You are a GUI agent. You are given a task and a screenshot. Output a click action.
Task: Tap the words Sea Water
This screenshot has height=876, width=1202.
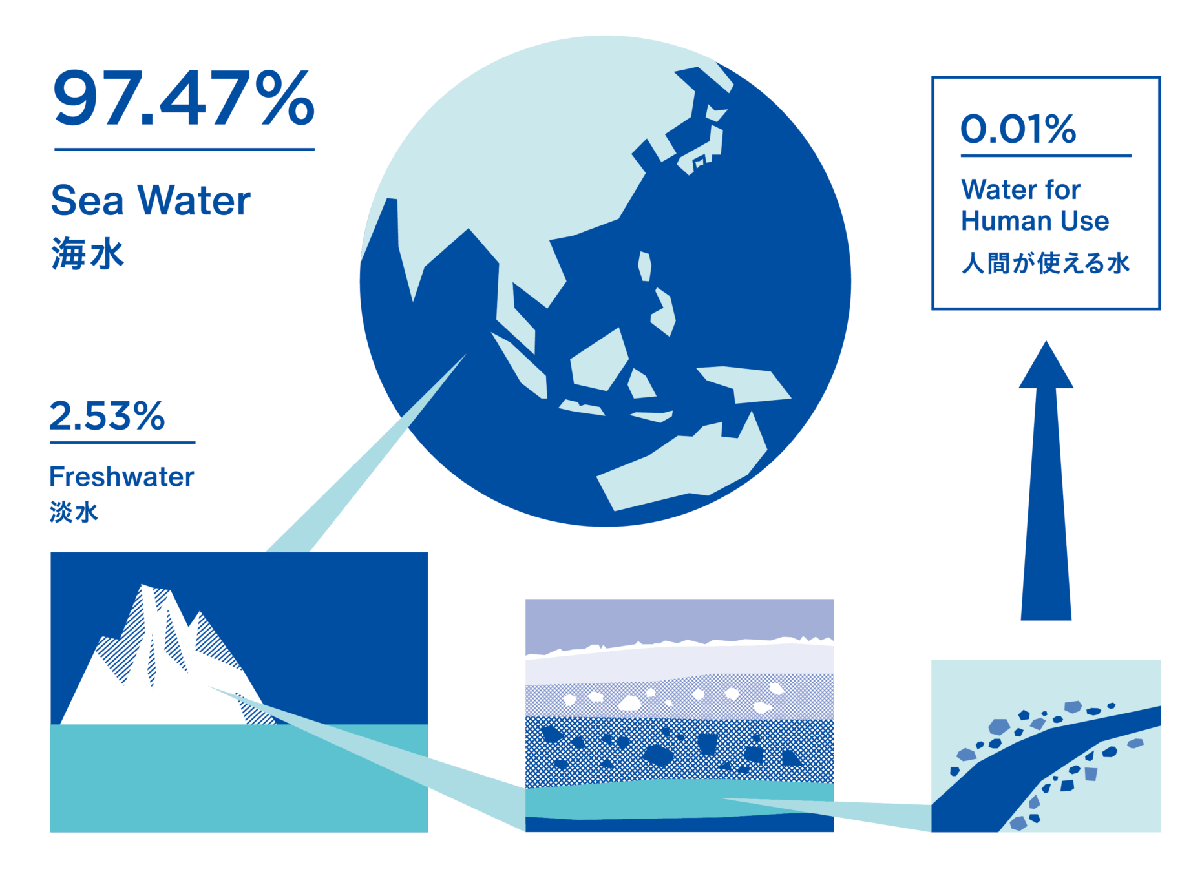(x=151, y=200)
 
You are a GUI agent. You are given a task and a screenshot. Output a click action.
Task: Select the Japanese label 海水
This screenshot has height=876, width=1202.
(x=87, y=253)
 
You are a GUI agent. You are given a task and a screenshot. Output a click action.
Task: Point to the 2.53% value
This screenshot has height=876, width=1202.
(x=107, y=415)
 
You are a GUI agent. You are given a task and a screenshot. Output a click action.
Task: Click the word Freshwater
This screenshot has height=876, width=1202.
(x=121, y=477)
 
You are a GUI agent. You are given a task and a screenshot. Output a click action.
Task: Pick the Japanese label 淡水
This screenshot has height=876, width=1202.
(x=74, y=512)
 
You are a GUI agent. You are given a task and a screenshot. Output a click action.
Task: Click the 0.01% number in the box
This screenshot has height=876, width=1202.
(x=1018, y=129)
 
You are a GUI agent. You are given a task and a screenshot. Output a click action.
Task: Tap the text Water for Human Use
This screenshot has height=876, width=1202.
(x=1035, y=205)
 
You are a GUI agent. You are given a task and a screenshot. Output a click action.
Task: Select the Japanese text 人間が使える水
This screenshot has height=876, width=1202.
(x=1045, y=263)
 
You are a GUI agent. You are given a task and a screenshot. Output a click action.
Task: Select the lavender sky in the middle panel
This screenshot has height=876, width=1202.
(x=679, y=621)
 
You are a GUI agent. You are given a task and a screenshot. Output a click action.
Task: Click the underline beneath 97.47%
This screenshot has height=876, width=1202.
(x=184, y=149)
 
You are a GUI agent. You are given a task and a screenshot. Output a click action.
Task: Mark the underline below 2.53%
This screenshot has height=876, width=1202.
(x=123, y=443)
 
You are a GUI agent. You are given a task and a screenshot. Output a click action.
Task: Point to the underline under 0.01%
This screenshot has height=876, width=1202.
(x=1046, y=156)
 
